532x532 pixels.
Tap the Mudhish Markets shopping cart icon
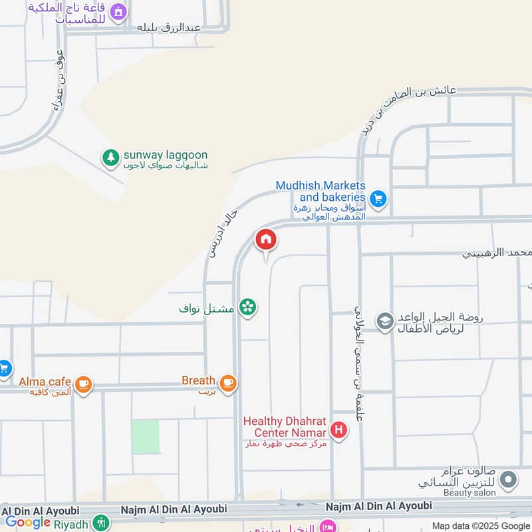click(378, 198)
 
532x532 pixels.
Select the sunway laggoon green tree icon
click(109, 158)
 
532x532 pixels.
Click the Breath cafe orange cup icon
click(228, 382)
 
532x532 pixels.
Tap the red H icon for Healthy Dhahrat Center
click(338, 431)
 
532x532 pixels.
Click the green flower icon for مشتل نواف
click(248, 307)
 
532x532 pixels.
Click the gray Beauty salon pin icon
click(508, 479)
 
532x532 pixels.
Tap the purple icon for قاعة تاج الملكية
click(118, 11)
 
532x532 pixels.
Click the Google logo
click(28, 522)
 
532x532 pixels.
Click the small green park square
click(145, 436)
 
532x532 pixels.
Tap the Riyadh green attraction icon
click(101, 523)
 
